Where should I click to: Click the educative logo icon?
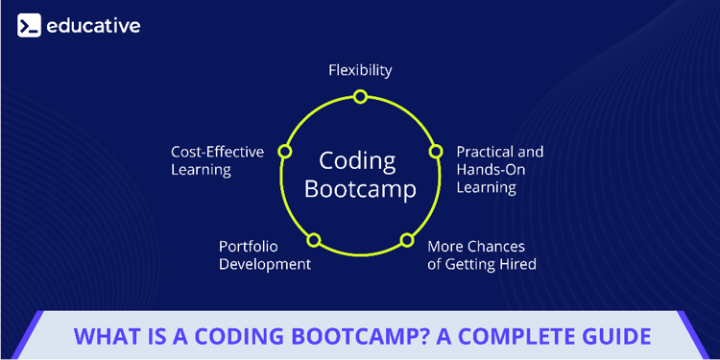tap(29, 26)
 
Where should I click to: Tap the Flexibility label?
tap(360, 70)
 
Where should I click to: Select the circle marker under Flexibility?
tap(360, 96)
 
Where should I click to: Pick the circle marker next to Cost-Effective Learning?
tap(284, 152)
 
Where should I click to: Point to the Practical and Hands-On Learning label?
tap(499, 169)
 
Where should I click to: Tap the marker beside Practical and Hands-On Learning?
tap(435, 152)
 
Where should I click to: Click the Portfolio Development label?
tap(265, 254)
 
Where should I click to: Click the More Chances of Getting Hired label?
tap(481, 254)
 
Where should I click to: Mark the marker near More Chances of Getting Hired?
tap(407, 239)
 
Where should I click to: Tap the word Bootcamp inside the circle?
tap(360, 189)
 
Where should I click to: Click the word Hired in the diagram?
tap(514, 264)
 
